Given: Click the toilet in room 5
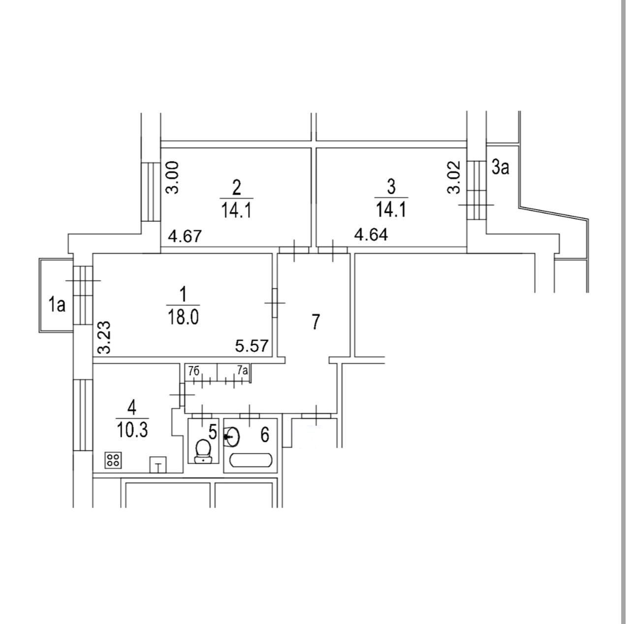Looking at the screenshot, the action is click(x=202, y=450).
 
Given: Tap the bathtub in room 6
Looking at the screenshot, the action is click(x=251, y=461).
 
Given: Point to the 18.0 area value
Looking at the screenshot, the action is click(x=183, y=317).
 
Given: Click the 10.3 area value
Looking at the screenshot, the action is click(x=132, y=430).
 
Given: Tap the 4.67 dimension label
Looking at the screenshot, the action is click(x=185, y=237).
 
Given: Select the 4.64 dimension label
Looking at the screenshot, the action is click(x=371, y=235).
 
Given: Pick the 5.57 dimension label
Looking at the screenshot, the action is click(x=252, y=346).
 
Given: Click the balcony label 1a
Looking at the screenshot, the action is click(x=57, y=305).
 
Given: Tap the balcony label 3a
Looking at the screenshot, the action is click(x=500, y=168).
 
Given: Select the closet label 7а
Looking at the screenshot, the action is click(x=242, y=371).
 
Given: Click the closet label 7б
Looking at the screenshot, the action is click(x=194, y=371).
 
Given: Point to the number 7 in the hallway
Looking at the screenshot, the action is click(x=316, y=321).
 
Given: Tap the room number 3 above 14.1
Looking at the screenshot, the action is click(x=391, y=187).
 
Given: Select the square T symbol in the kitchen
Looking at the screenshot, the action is click(x=158, y=465).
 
